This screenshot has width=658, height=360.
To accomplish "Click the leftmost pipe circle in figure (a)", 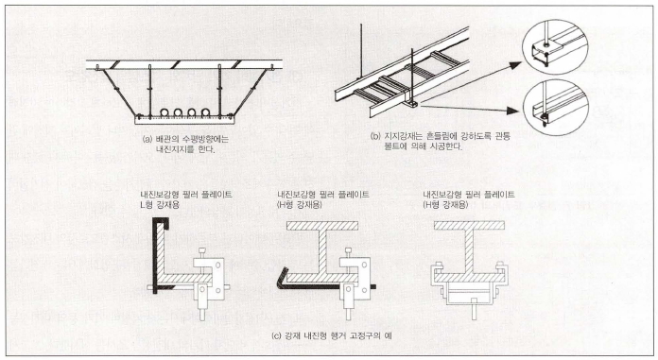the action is click(165, 112).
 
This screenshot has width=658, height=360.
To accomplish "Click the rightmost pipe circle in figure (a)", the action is click(206, 112).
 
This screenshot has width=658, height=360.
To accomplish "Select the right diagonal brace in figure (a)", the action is click(250, 93).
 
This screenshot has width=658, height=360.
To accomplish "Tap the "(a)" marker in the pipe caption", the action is click(147, 139).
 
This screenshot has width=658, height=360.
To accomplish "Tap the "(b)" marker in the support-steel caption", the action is click(375, 136).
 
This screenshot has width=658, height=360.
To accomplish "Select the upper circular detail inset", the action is click(555, 46).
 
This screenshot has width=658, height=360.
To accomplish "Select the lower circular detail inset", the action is click(556, 108).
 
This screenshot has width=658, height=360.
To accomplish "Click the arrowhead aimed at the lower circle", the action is click(513, 111).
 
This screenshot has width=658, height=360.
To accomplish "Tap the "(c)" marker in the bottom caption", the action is click(277, 335).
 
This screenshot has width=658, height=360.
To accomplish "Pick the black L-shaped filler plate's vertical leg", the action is click(154, 256).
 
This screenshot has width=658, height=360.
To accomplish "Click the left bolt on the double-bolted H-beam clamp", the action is click(438, 267).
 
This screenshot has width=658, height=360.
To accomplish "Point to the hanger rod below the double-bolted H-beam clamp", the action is click(474, 310).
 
